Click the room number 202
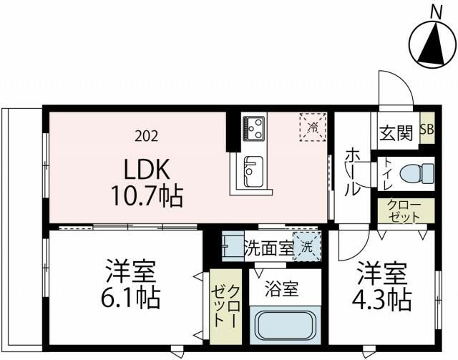coord(146,136)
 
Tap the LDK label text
coord(147,170)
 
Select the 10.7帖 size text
coord(147,196)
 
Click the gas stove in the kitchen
coord(254,127)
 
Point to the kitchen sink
coord(253,172)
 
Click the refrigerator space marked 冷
coord(313,127)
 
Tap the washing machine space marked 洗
coord(307,247)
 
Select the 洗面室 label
coord(269,248)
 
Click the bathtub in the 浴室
coord(285,325)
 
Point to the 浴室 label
coord(281,289)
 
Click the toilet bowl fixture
coord(416,173)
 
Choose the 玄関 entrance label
coord(396,133)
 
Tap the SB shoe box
coord(427,128)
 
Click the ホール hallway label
coord(353,171)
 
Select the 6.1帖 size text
coord(130,298)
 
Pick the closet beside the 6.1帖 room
coord(226,306)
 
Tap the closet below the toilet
coord(406,211)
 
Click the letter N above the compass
coord(436,13)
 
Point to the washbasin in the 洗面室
coord(233,246)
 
